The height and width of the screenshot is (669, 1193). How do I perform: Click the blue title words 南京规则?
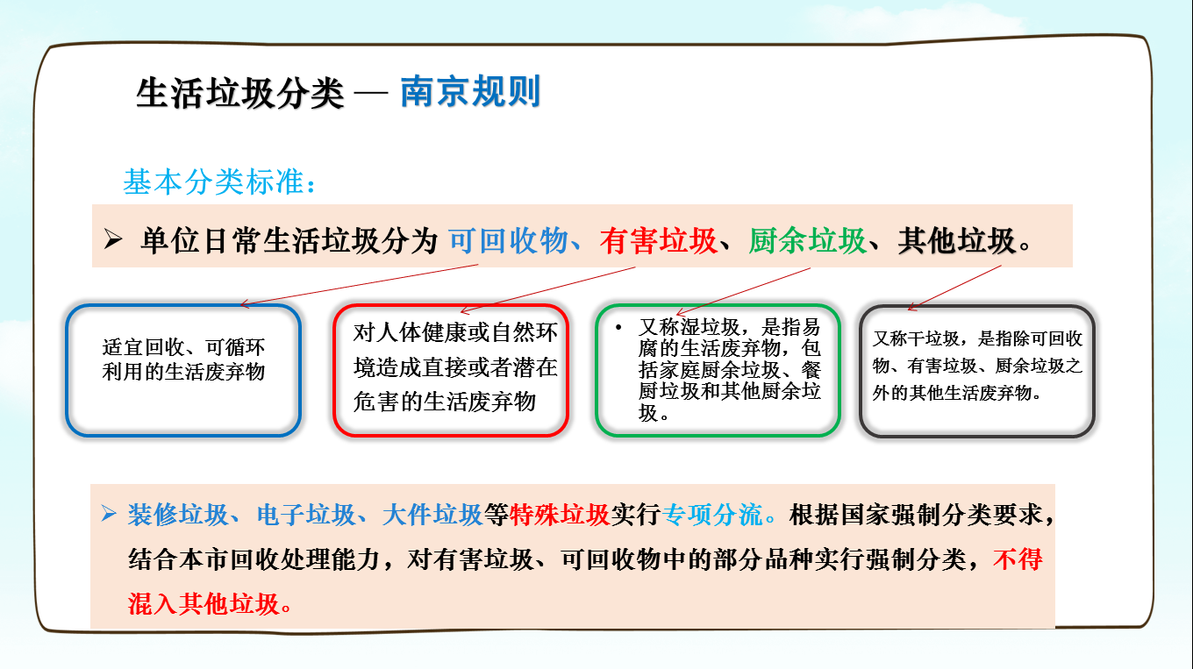470,91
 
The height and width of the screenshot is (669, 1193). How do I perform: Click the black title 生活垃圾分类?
240,94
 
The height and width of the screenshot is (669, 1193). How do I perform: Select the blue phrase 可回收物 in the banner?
509,240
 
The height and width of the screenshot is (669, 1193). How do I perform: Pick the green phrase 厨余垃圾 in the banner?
807,240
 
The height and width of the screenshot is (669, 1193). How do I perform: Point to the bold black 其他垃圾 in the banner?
957,240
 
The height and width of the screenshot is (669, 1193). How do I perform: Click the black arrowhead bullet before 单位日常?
113,239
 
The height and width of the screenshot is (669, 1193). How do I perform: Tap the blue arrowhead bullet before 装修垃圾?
109,513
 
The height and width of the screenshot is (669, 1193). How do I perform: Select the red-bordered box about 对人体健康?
451,305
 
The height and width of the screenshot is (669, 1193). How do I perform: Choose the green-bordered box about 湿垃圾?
718,305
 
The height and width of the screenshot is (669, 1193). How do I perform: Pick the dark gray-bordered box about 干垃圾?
977,307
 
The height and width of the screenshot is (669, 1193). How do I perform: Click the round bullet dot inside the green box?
618,327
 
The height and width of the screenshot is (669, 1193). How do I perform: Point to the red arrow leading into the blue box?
360,285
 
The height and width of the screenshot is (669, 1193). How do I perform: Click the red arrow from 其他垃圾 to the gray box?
954,288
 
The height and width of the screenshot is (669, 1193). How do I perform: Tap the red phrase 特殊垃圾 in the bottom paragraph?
560,515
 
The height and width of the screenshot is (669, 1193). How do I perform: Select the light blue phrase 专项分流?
712,515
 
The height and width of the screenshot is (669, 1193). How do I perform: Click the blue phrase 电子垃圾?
305,515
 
